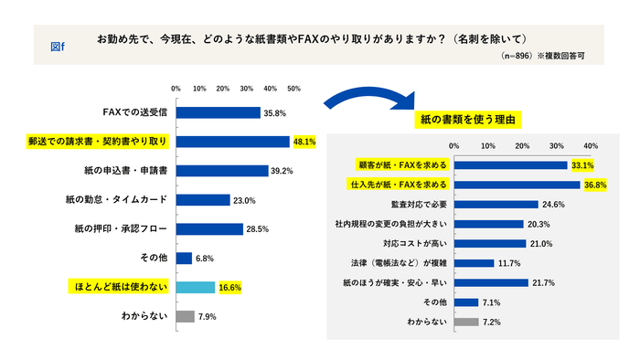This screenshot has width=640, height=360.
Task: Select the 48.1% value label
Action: click(x=304, y=142)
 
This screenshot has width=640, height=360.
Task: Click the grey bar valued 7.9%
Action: click(x=185, y=316)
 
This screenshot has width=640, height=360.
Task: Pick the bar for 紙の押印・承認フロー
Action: click(x=209, y=228)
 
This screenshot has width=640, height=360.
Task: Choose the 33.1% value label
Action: click(x=582, y=165)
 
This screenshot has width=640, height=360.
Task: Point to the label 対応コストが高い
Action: click(x=413, y=244)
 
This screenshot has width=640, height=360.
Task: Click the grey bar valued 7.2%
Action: click(x=466, y=322)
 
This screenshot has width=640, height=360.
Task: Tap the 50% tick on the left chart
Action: click(x=293, y=89)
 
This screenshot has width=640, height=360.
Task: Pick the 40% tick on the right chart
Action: click(x=591, y=146)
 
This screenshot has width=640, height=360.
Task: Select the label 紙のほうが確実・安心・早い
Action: click(x=399, y=283)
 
